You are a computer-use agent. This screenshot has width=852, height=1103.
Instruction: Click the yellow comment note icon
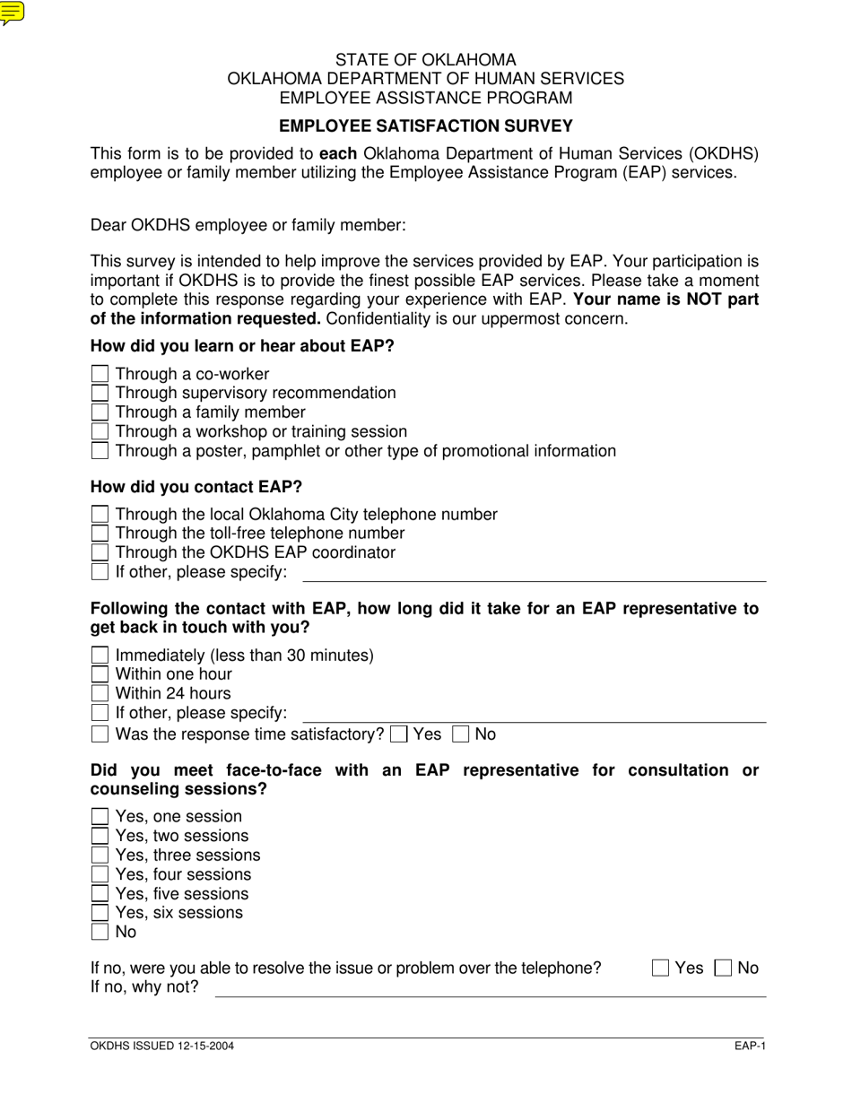(13, 13)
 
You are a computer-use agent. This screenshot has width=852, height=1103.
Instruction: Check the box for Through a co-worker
(100, 374)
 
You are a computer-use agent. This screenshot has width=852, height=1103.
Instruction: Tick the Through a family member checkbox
(100, 413)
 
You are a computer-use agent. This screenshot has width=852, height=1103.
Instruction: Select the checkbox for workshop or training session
(100, 431)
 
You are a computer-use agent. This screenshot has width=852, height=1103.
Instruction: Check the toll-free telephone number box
(100, 534)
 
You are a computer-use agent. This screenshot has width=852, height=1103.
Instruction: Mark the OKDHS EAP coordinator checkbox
(100, 552)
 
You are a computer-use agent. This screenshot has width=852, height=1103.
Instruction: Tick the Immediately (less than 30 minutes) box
(100, 656)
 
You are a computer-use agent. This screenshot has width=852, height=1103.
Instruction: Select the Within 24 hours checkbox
(100, 694)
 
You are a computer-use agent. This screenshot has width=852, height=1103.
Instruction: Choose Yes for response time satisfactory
(400, 734)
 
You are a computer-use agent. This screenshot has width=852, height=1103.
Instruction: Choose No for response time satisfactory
(461, 734)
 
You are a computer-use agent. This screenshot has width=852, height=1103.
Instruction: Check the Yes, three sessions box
(100, 855)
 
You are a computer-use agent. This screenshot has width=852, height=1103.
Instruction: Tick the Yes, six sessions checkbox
(100, 913)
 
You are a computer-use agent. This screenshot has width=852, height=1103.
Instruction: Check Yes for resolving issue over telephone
(661, 968)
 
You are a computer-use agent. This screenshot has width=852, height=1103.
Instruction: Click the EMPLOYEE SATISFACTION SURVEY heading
(425, 126)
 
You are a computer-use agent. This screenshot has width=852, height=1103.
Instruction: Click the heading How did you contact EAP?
(196, 487)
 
